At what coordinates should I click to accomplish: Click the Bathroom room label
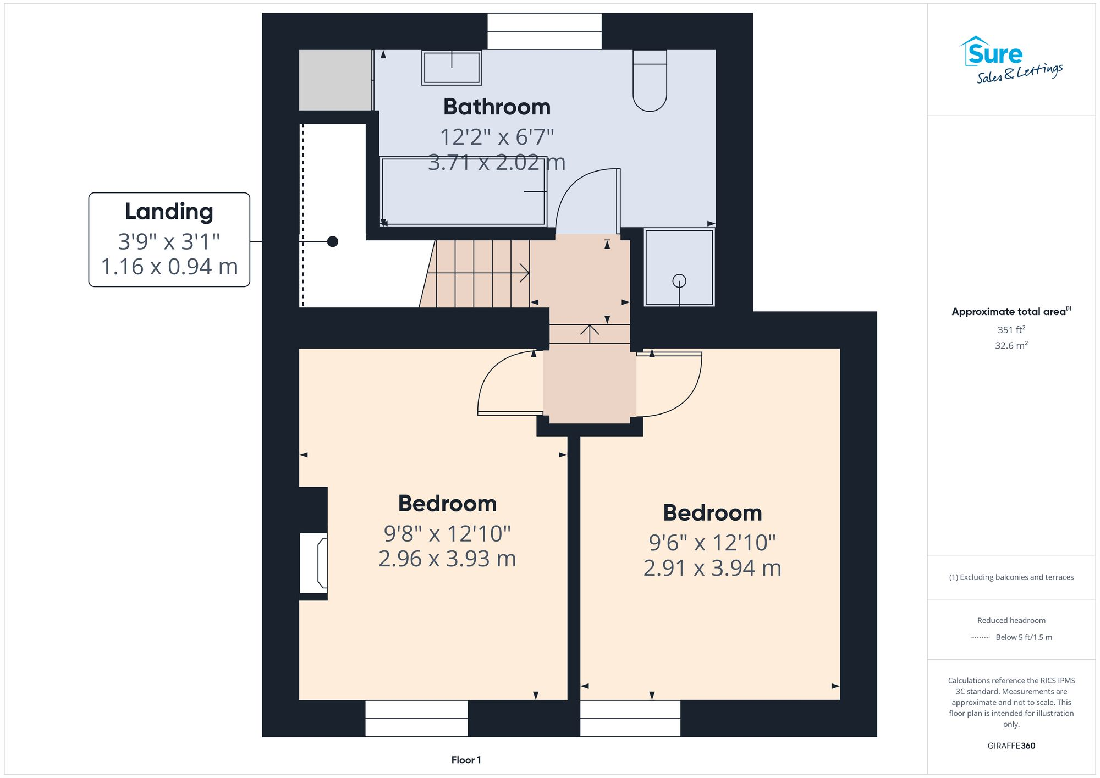tap(497, 107)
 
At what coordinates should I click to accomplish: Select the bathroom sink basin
tap(452, 68)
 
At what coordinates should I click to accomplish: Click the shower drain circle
tap(679, 281)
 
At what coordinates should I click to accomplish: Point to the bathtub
tap(463, 191)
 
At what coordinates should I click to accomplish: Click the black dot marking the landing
tap(333, 241)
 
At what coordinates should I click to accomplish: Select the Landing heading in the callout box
tap(169, 212)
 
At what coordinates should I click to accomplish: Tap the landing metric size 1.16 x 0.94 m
tap(169, 267)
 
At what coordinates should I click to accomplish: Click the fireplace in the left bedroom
tap(314, 563)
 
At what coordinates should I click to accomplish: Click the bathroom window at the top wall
tap(544, 31)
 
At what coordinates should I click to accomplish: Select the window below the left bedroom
tap(416, 718)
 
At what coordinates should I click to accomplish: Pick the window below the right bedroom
tap(630, 718)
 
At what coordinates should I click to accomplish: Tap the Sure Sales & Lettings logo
tap(1011, 59)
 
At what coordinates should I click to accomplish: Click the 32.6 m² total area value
tap(1011, 345)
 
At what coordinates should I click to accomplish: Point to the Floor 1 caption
tap(466, 760)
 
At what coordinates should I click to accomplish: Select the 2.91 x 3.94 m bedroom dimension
tap(712, 568)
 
